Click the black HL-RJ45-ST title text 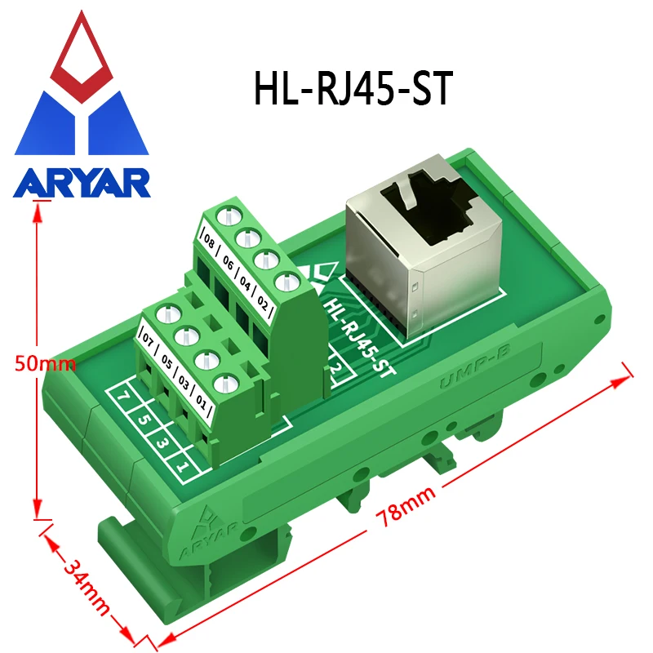(x=352, y=89)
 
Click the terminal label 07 (x=148, y=336)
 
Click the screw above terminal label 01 (x=221, y=382)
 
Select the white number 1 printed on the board (x=184, y=468)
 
